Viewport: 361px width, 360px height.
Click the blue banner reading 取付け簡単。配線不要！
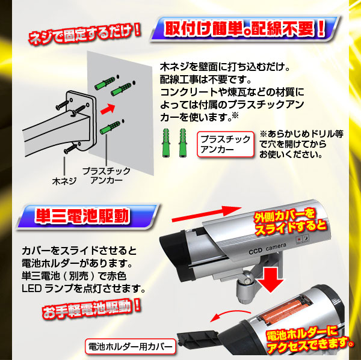(x=245, y=29)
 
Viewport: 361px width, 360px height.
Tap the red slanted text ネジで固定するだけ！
(x=84, y=34)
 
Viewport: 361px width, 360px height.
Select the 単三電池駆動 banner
(x=87, y=216)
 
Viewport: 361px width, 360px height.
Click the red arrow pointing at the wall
(x=108, y=109)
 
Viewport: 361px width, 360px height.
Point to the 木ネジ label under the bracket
(x=64, y=182)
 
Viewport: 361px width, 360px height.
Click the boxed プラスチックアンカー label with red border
(x=226, y=144)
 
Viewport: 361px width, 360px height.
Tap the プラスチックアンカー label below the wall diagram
(x=106, y=175)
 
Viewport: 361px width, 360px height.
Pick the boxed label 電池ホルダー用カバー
(x=131, y=346)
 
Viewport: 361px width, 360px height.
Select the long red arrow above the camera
(x=206, y=214)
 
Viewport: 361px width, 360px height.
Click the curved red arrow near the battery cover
(x=230, y=315)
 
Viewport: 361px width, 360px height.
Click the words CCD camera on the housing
(x=267, y=249)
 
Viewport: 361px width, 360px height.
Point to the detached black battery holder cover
(x=198, y=339)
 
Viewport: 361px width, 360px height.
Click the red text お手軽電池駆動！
(x=91, y=309)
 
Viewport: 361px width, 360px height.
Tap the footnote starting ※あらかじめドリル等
(x=301, y=144)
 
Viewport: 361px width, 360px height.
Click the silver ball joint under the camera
(x=247, y=278)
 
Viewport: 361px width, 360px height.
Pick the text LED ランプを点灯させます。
(x=84, y=288)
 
